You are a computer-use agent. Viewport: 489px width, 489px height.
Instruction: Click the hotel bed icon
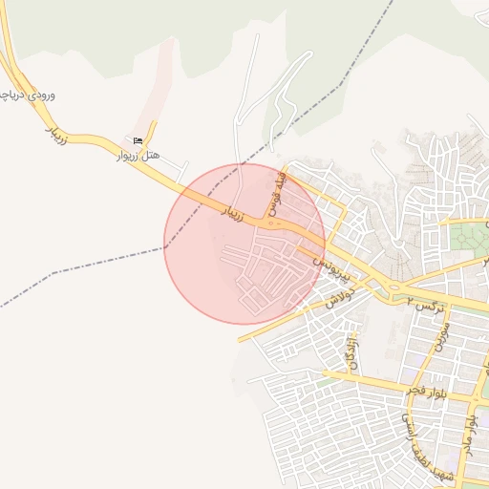141,141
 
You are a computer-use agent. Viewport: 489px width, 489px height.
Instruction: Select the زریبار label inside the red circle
233,211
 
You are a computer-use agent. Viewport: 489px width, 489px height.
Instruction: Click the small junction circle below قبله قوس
273,224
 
